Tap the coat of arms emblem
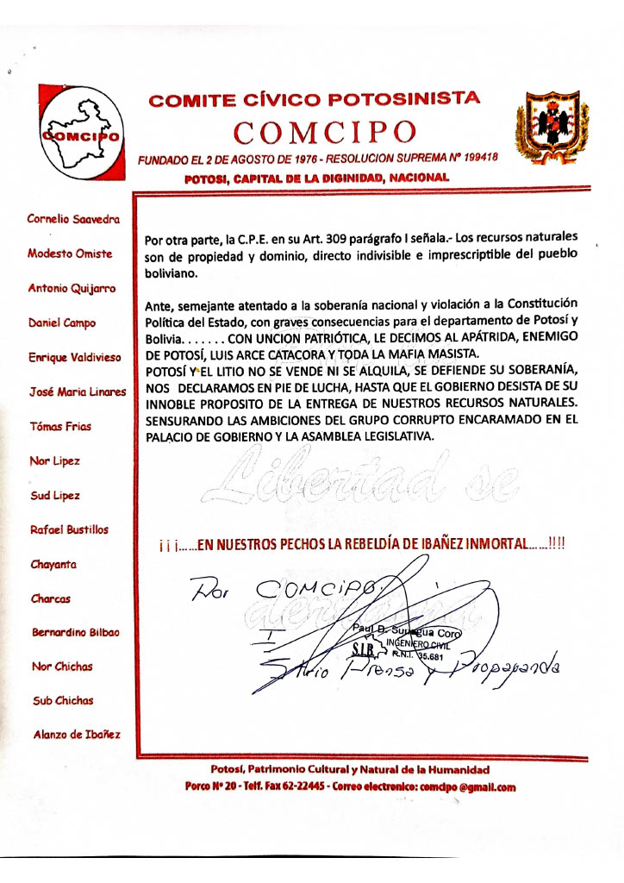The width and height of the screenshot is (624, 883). [552, 128]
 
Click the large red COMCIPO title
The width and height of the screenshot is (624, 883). [326, 133]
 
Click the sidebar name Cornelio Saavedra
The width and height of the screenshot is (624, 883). [73, 219]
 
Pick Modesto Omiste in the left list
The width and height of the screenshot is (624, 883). [68, 254]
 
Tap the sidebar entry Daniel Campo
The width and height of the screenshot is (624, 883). [62, 323]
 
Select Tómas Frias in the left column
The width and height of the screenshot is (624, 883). [60, 426]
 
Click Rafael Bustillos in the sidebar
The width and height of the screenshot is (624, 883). [69, 529]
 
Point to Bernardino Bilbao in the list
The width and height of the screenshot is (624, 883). [76, 632]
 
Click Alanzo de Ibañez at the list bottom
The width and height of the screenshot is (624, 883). [77, 735]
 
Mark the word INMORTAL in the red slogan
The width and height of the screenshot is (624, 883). [486, 544]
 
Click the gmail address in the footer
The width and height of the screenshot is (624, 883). [476, 786]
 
